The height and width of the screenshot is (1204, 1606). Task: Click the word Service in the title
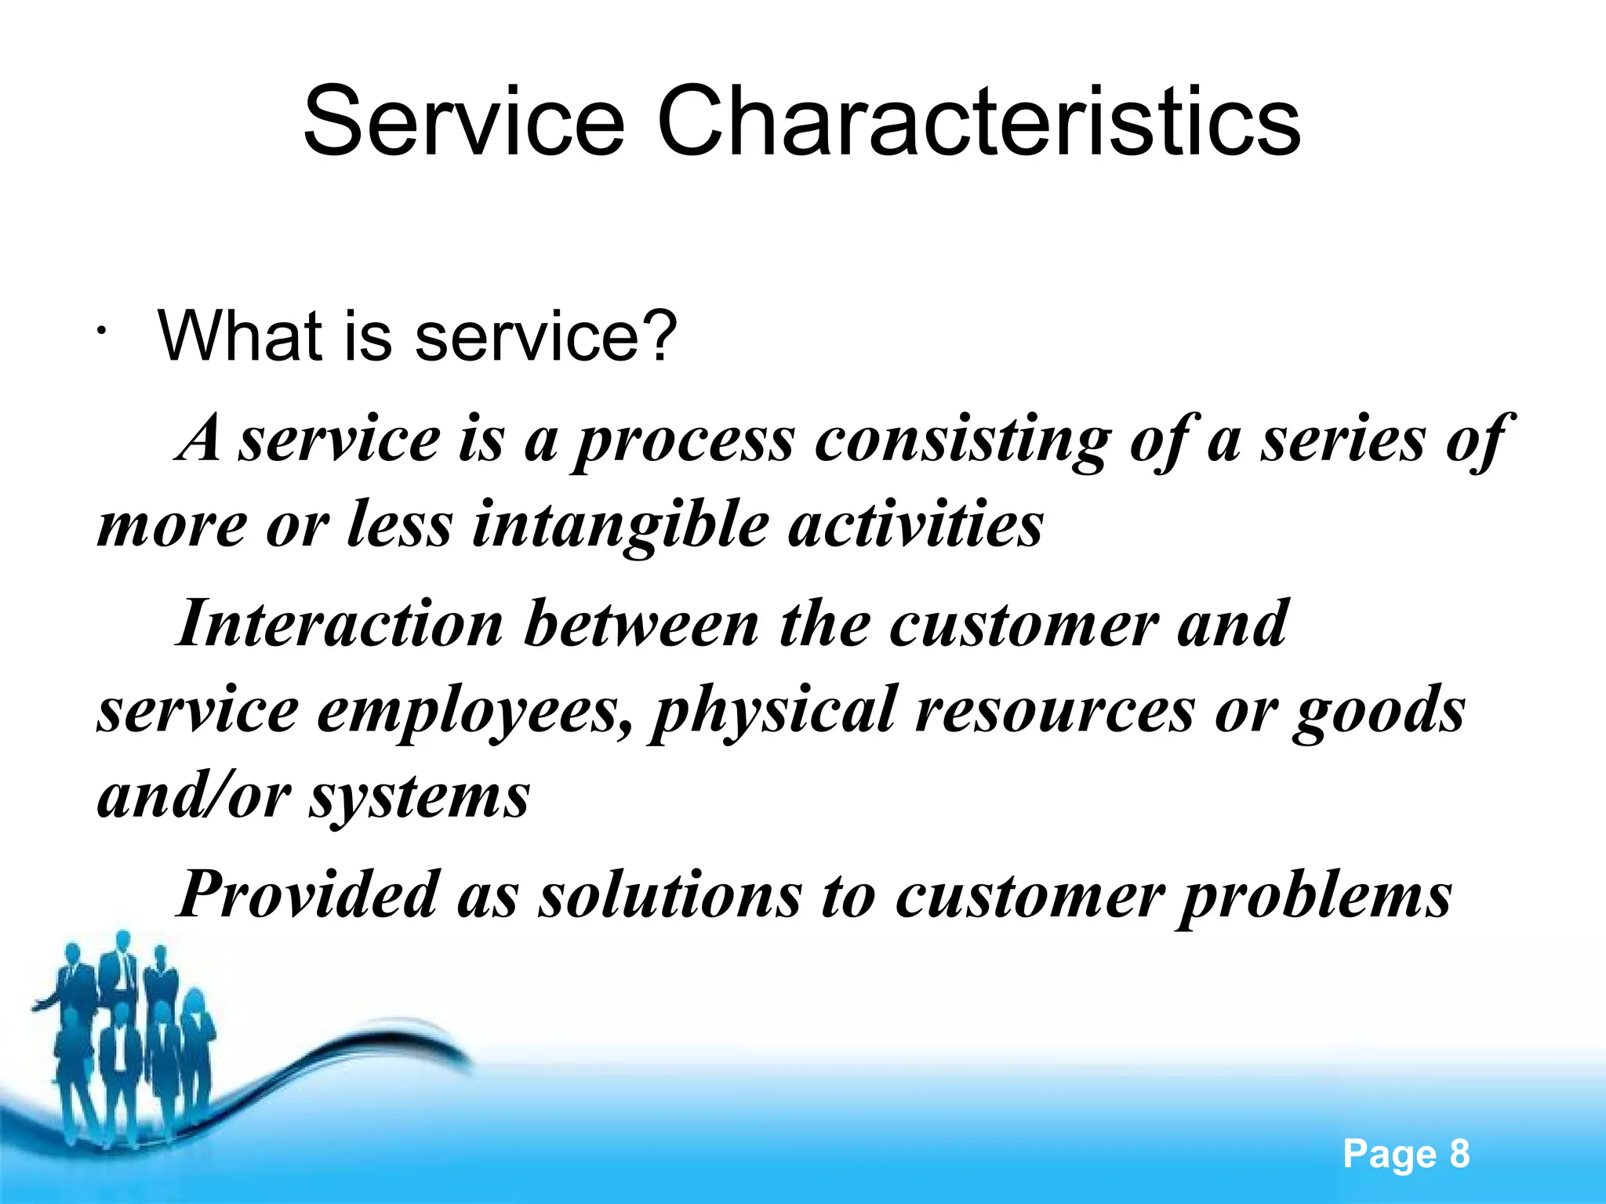pyautogui.click(x=463, y=121)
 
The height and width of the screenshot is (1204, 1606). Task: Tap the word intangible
pyautogui.click(x=620, y=524)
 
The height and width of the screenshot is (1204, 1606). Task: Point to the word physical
pyautogui.click(x=773, y=710)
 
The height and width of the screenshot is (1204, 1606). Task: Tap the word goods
pyautogui.click(x=1379, y=710)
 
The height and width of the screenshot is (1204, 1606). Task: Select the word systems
pyautogui.click(x=420, y=796)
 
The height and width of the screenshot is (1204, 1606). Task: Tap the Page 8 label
pyautogui.click(x=1406, y=1154)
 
